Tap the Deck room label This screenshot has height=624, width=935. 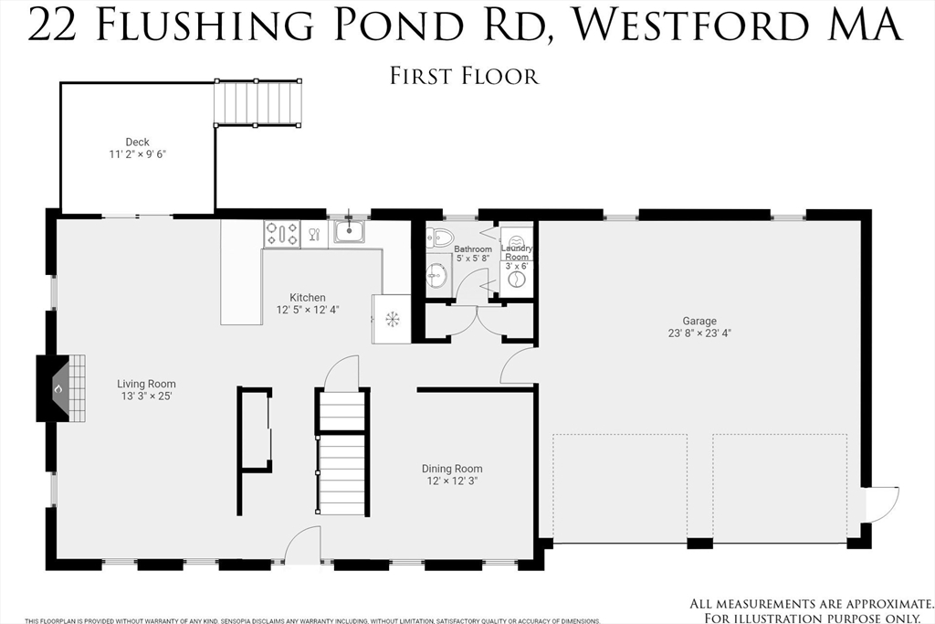click(x=137, y=143)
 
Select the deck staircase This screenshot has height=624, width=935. click(x=257, y=102)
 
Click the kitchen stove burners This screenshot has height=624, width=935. click(x=281, y=234)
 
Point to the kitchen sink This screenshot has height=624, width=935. click(x=348, y=231)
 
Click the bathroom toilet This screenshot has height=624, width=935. click(x=441, y=238)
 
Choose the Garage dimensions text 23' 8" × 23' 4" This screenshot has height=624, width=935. click(x=699, y=333)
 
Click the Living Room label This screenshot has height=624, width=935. click(x=146, y=385)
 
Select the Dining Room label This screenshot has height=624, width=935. click(x=452, y=469)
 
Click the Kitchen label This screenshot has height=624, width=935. click(x=308, y=298)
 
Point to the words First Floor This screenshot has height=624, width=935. click(x=464, y=75)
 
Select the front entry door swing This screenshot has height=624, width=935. click(x=302, y=546)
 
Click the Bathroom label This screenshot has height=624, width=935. click(x=473, y=249)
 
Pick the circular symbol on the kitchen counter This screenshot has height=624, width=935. click(x=391, y=319)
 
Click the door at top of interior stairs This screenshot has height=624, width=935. click(x=343, y=373)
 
